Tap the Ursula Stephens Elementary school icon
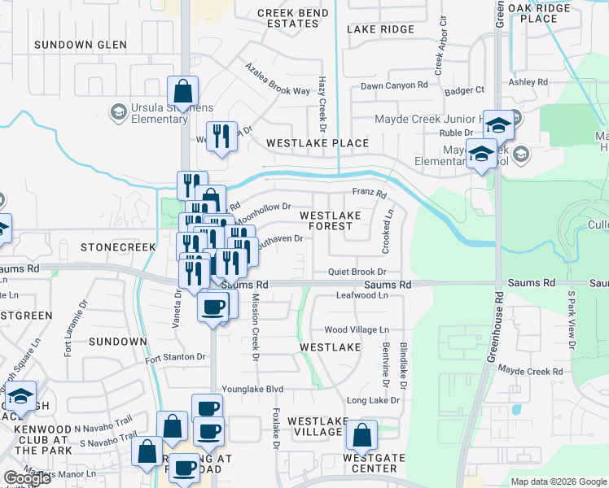click(117, 111)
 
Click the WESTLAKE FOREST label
click(331, 221)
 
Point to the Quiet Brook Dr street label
click(356, 272)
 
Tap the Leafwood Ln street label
click(362, 295)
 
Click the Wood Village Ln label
click(357, 329)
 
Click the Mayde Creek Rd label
click(531, 371)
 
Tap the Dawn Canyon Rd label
click(395, 85)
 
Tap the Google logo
click(26, 478)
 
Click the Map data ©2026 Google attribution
click(558, 481)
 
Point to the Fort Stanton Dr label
click(175, 357)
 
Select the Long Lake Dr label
click(373, 400)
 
